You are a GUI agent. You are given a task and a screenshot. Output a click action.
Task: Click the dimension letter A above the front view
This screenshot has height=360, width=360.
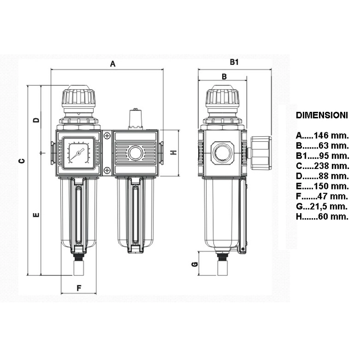[x=112, y=64]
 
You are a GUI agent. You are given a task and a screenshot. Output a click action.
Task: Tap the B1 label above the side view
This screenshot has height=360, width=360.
[x=234, y=62]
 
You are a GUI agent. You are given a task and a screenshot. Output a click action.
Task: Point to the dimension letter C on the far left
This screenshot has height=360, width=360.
[x=22, y=161]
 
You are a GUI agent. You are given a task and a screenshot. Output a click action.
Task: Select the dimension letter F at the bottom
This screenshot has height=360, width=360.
[x=79, y=288]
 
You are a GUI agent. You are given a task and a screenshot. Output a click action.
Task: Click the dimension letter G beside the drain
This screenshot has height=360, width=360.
[x=195, y=264]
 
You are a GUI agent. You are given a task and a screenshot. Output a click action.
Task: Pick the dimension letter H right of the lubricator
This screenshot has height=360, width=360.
[x=174, y=152]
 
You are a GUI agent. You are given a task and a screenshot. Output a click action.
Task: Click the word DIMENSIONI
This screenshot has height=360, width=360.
[x=322, y=115]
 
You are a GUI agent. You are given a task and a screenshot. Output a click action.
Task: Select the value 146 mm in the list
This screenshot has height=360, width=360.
[x=331, y=136]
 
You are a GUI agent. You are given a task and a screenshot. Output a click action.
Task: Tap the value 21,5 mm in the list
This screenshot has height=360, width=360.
[x=328, y=207]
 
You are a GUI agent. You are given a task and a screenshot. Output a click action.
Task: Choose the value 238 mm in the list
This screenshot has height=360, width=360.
[x=332, y=166]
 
